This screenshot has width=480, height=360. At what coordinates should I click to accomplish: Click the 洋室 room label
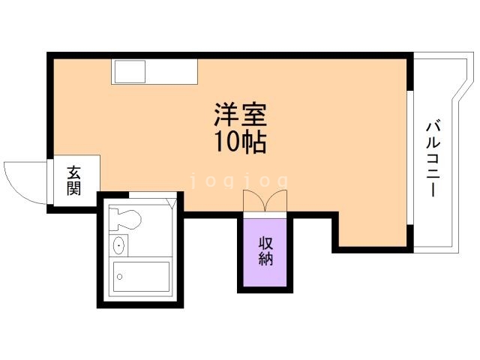pos(239,115)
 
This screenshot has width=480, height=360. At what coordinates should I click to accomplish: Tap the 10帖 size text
pos(240,140)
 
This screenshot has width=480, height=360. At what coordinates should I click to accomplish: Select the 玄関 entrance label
pos(73,181)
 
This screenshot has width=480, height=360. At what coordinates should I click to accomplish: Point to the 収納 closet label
pos(265,252)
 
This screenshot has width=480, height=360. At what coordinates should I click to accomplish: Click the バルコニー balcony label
pos(433,158)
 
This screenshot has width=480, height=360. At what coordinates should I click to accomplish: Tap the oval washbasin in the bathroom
pos(118,245)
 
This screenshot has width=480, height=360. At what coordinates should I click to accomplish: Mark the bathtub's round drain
pos(120,276)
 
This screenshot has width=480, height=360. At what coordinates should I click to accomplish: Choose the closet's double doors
pos(264,202)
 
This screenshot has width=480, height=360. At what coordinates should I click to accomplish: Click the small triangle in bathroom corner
pos(175,201)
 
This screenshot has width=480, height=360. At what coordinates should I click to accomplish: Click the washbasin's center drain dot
pos(118,245)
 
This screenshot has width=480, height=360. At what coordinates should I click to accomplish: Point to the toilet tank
pos(113,219)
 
